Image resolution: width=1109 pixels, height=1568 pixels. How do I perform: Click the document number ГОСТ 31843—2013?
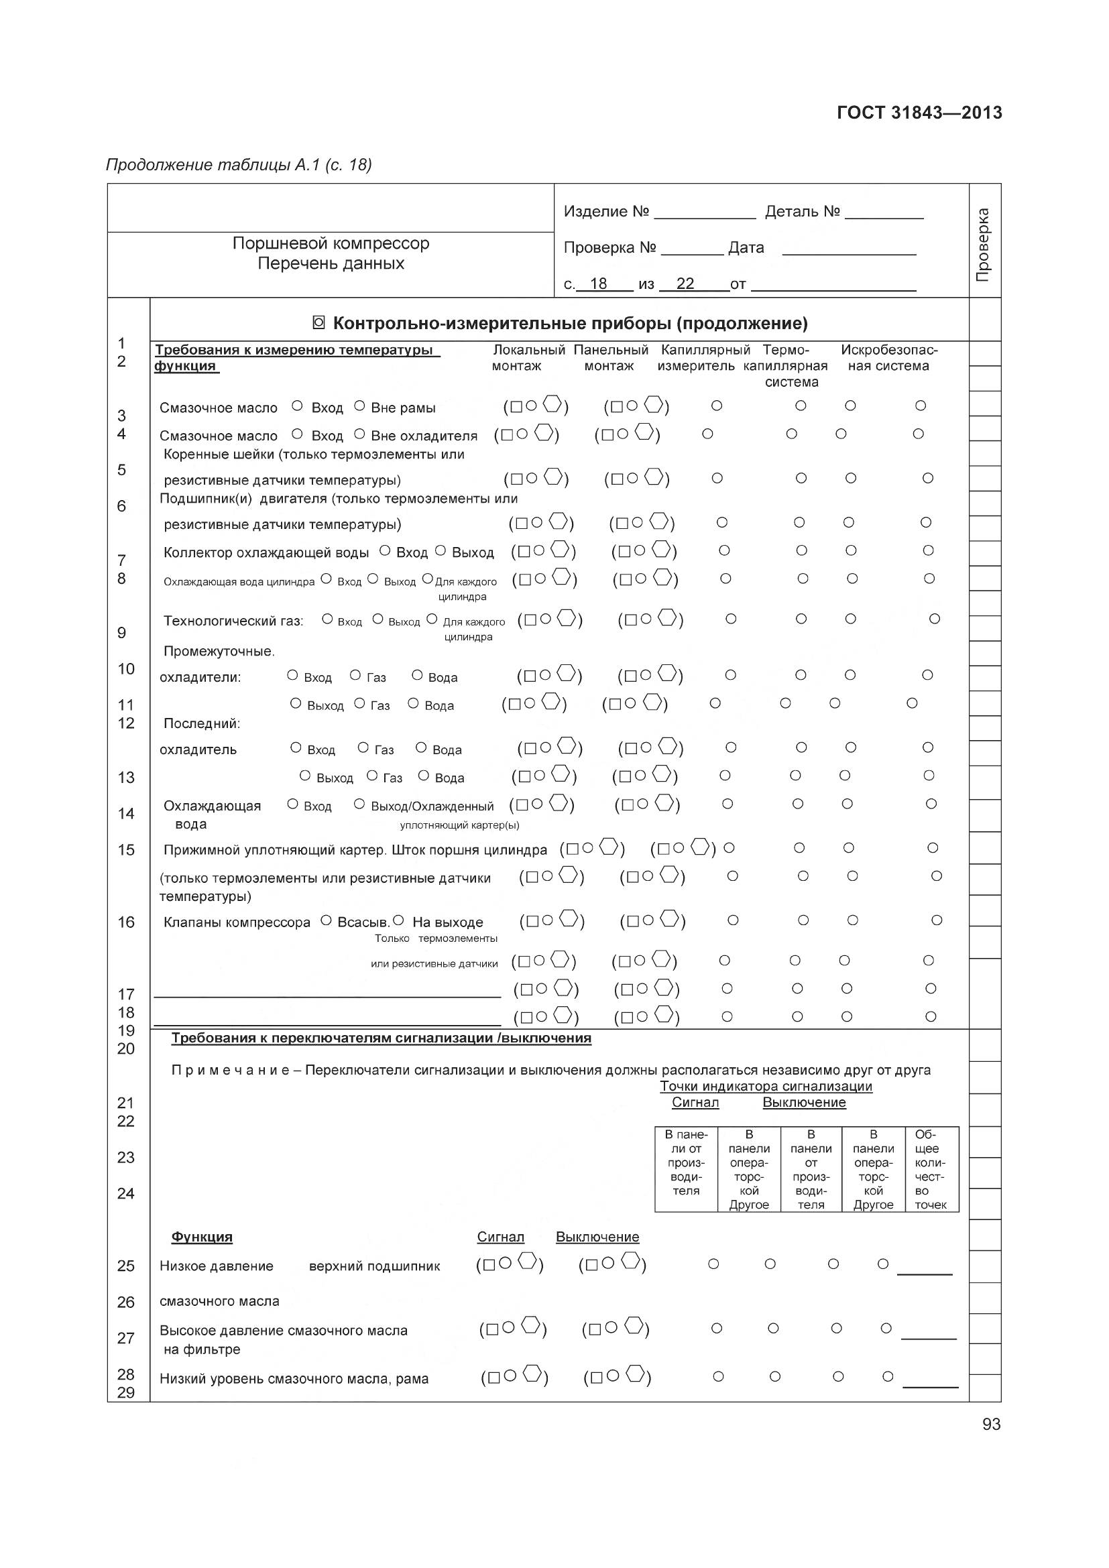click(919, 113)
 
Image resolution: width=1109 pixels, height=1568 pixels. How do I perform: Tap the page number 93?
click(991, 1424)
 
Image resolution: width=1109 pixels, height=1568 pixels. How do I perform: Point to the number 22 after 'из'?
click(685, 284)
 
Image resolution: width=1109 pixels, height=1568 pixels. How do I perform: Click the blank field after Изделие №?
click(705, 213)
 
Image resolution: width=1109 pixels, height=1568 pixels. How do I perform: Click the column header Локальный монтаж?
click(528, 358)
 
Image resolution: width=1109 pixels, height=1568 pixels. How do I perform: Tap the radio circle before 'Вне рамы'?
click(359, 406)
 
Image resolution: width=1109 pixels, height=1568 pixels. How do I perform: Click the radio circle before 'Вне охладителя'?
click(359, 434)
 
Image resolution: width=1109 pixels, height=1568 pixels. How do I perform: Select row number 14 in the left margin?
click(125, 813)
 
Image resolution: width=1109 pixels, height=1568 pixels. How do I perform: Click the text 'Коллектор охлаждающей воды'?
click(266, 552)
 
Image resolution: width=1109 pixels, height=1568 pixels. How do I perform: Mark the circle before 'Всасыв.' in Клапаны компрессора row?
click(326, 920)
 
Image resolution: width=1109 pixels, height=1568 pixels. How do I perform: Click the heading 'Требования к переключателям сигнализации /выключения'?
click(381, 1038)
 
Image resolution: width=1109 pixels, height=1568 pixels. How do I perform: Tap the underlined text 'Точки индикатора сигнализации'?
click(766, 1086)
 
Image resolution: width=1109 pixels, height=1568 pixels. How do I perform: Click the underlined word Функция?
click(201, 1237)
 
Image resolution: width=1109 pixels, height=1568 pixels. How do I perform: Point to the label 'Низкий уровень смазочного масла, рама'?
click(294, 1379)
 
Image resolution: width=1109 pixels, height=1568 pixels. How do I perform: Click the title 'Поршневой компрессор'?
click(331, 243)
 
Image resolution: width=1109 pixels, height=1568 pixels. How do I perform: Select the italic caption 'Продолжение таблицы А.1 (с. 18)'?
click(238, 165)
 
